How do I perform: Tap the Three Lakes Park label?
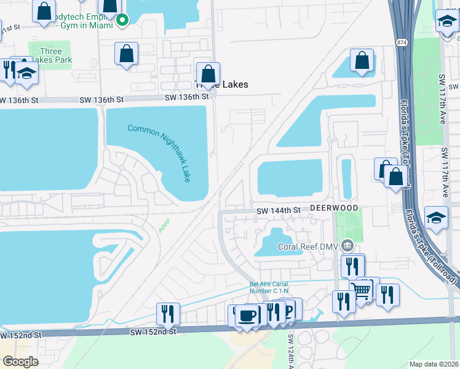tap(55, 56)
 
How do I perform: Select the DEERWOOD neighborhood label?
tap(333, 208)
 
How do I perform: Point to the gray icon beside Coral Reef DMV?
tap(347, 246)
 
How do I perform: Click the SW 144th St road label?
tap(279, 210)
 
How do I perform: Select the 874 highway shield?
tap(402, 42)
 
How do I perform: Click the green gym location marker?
tap(122, 20)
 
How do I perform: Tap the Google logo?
tap(21, 361)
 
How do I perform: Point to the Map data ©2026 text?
tap(434, 364)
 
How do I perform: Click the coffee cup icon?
tap(248, 315)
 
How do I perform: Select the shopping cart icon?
tap(361, 290)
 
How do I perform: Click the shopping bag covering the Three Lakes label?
tap(208, 74)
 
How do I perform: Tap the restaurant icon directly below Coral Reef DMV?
tap(352, 266)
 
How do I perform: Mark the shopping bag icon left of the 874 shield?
tap(362, 60)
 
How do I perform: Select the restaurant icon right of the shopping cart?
tap(387, 295)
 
